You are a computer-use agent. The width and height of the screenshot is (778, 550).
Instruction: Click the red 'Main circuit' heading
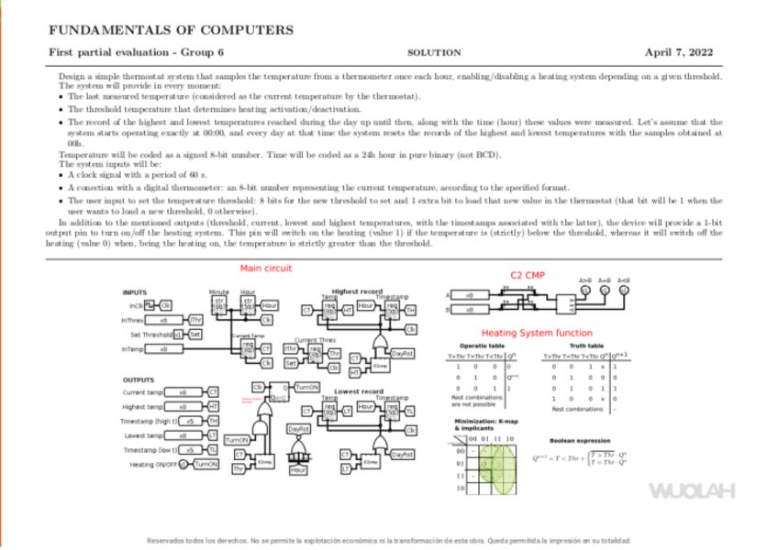pos(265,269)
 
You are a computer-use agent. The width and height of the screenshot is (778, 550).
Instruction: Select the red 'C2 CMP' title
pos(527,274)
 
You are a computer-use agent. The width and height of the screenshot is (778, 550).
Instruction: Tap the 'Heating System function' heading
pos(537,333)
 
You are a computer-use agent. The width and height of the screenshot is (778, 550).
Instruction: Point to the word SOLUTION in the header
pos(433,53)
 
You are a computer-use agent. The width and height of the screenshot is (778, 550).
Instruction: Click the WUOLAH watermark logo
pos(692,490)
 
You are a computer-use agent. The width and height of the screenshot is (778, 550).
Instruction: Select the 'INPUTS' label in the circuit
pos(135,292)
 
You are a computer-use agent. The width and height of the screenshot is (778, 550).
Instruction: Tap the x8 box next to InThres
pos(163,320)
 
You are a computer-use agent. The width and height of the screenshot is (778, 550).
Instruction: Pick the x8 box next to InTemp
pos(163,349)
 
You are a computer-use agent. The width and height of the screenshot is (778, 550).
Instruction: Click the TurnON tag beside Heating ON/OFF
pos(206,465)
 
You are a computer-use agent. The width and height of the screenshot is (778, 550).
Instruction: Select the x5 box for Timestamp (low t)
pos(189,450)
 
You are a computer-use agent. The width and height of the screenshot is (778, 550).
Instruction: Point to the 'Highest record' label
pos(357,291)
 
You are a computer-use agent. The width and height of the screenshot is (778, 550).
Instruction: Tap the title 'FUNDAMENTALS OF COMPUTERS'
pos(171,30)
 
